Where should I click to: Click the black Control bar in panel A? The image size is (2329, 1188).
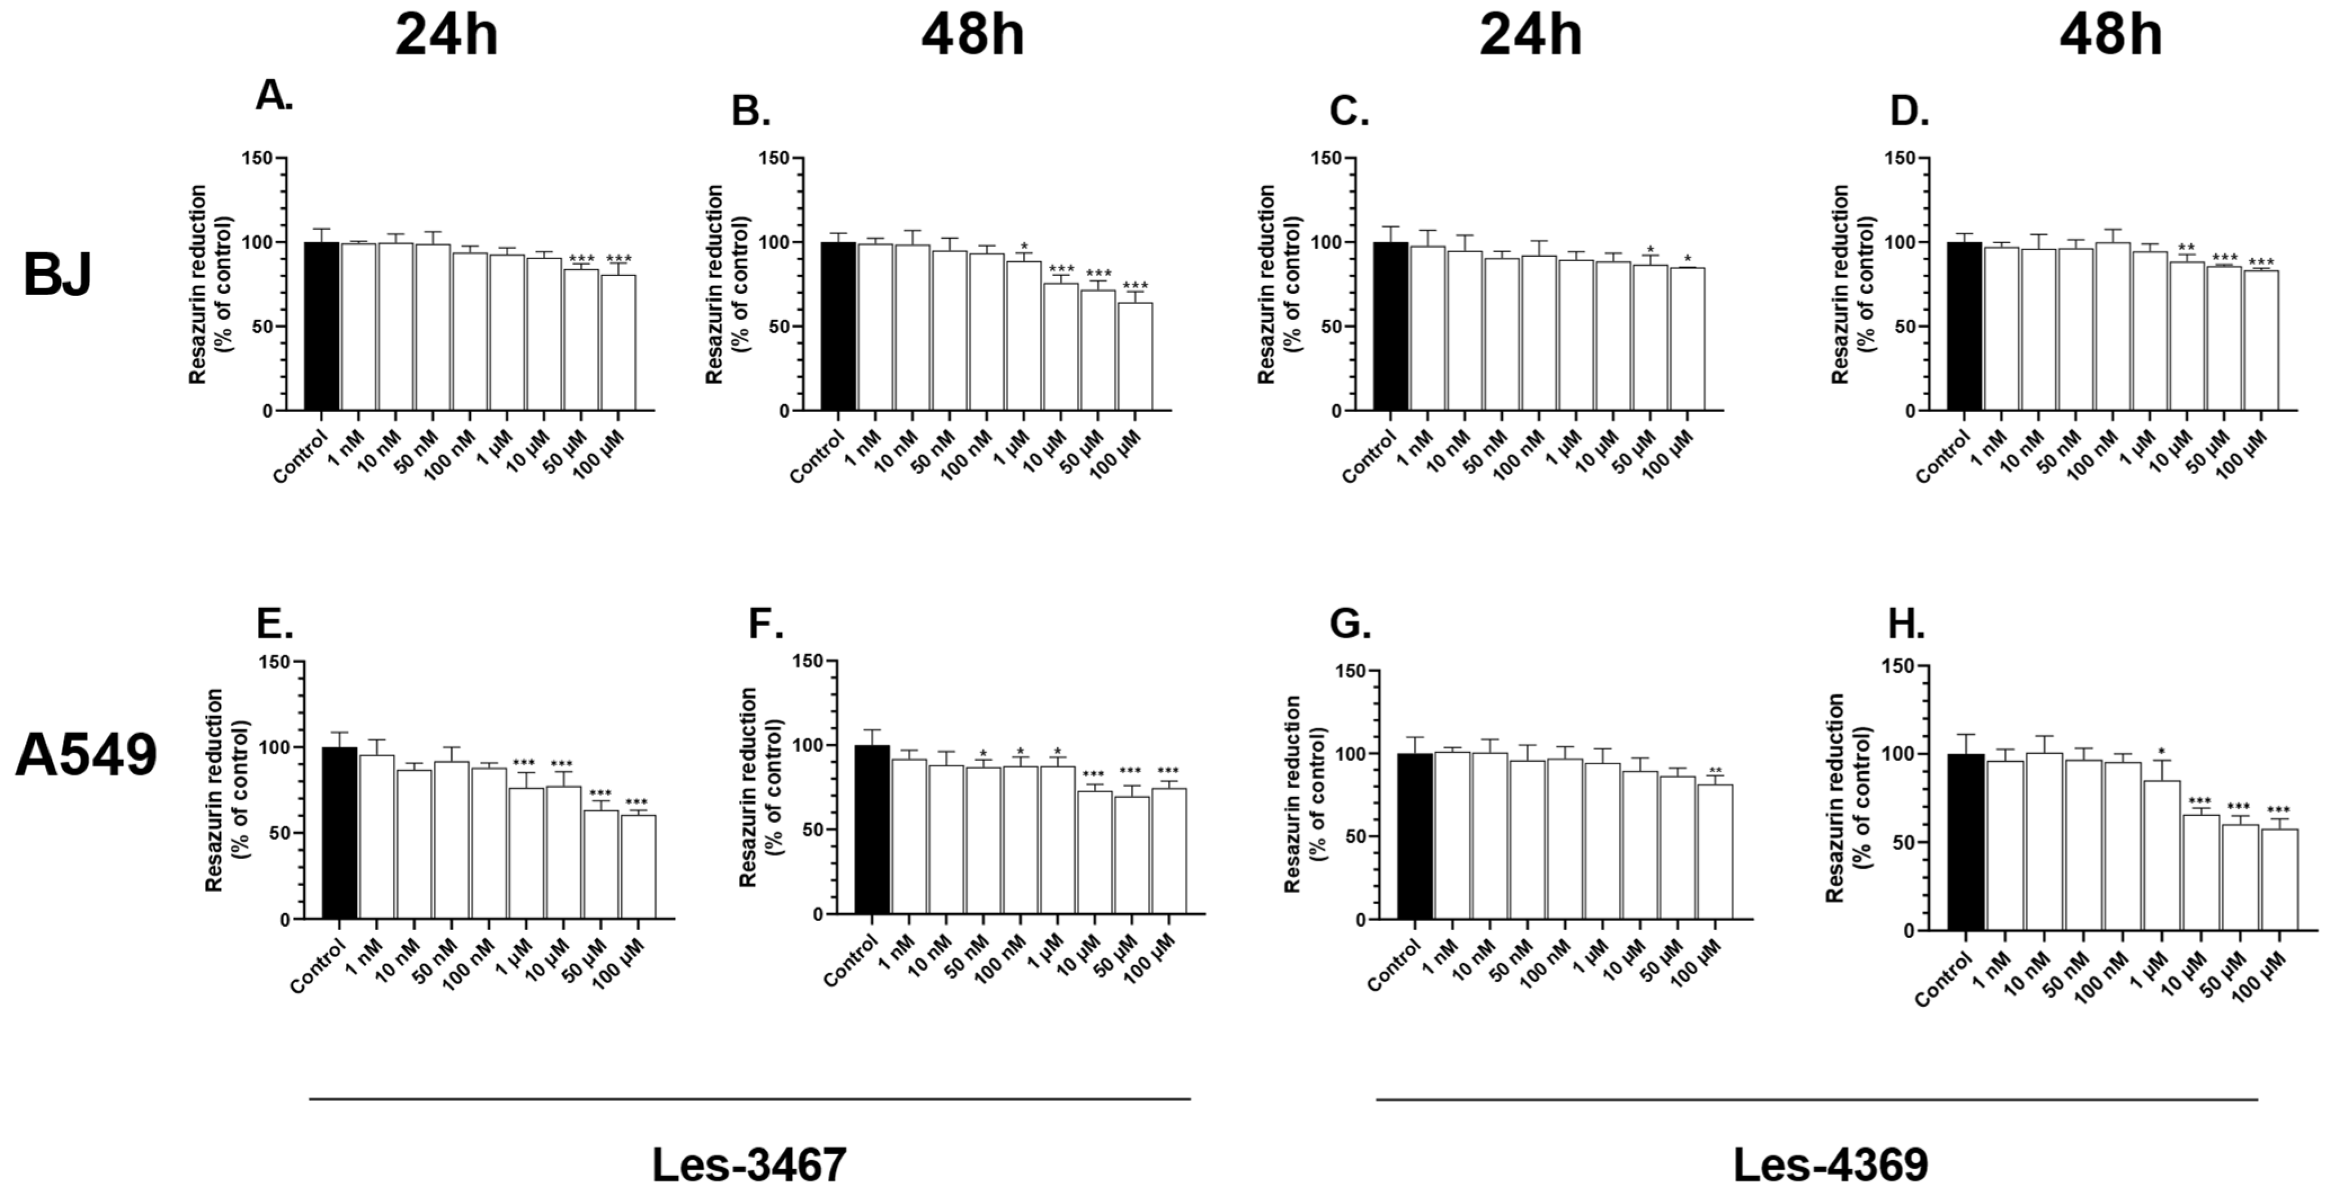pos(321,325)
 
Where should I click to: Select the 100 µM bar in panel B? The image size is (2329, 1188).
pos(1135,356)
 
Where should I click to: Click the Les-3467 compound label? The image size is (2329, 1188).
pos(750,1164)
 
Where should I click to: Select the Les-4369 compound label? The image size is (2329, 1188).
pos(1830,1164)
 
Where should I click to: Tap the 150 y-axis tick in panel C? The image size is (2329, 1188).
pos(1327,158)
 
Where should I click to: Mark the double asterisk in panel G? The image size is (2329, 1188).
pos(1715,771)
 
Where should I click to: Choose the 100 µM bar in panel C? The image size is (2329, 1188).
pos(1687,339)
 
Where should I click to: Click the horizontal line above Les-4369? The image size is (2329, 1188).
pos(1817,1100)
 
